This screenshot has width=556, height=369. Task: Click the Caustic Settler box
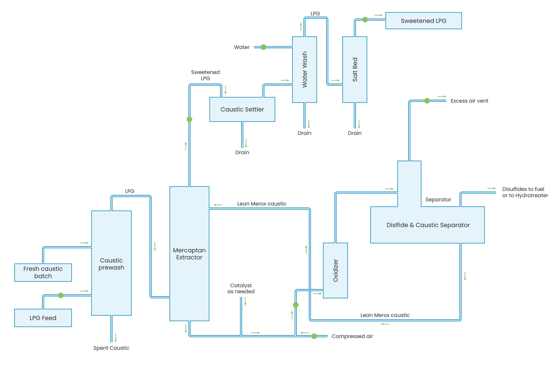pos(242,109)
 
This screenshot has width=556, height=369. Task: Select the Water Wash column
pos(304,69)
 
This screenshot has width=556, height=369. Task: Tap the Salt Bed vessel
pos(355,69)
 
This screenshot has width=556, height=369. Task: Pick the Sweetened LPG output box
pos(423,21)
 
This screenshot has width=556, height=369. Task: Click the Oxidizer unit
pos(335,270)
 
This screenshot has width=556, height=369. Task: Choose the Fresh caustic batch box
pos(43,272)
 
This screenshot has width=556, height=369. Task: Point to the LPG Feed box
pos(43,318)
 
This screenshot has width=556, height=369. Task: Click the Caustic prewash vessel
pos(111,263)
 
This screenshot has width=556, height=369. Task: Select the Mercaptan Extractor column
pos(189,254)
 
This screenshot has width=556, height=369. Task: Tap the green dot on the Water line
pos(263,47)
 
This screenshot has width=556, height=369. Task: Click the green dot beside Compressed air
pos(314,336)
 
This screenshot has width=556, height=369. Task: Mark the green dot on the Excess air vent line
pos(427,101)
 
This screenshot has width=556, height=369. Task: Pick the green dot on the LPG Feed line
pos(61,295)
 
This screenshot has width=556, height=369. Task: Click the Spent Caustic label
pos(111,348)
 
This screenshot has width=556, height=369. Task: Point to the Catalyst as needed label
pos(241,289)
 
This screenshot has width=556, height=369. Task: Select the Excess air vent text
pos(469,101)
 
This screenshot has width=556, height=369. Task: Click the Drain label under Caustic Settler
pos(242,152)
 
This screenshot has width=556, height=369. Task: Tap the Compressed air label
pos(352,336)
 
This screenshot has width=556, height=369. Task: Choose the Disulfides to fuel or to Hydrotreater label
pos(525,192)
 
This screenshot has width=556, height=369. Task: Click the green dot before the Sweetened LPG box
pos(365,20)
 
